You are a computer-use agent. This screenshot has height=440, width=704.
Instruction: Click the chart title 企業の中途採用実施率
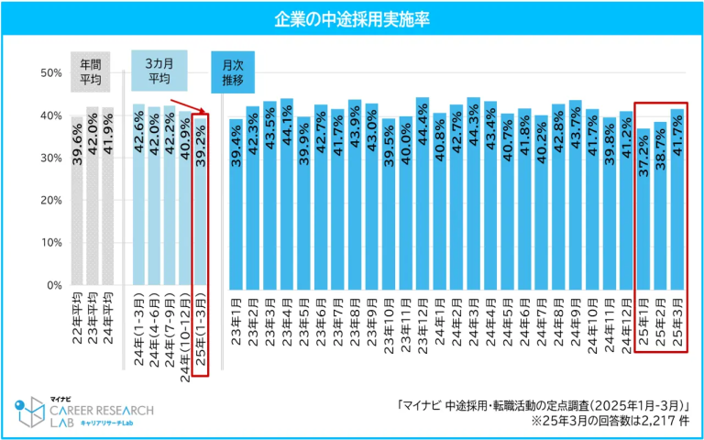[x=353, y=17]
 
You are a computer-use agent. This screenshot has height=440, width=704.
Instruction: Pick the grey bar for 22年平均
[x=77, y=202]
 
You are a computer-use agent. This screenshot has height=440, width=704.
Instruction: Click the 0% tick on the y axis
[x=54, y=285]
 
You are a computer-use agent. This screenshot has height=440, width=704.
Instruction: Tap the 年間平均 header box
[x=90, y=72]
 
